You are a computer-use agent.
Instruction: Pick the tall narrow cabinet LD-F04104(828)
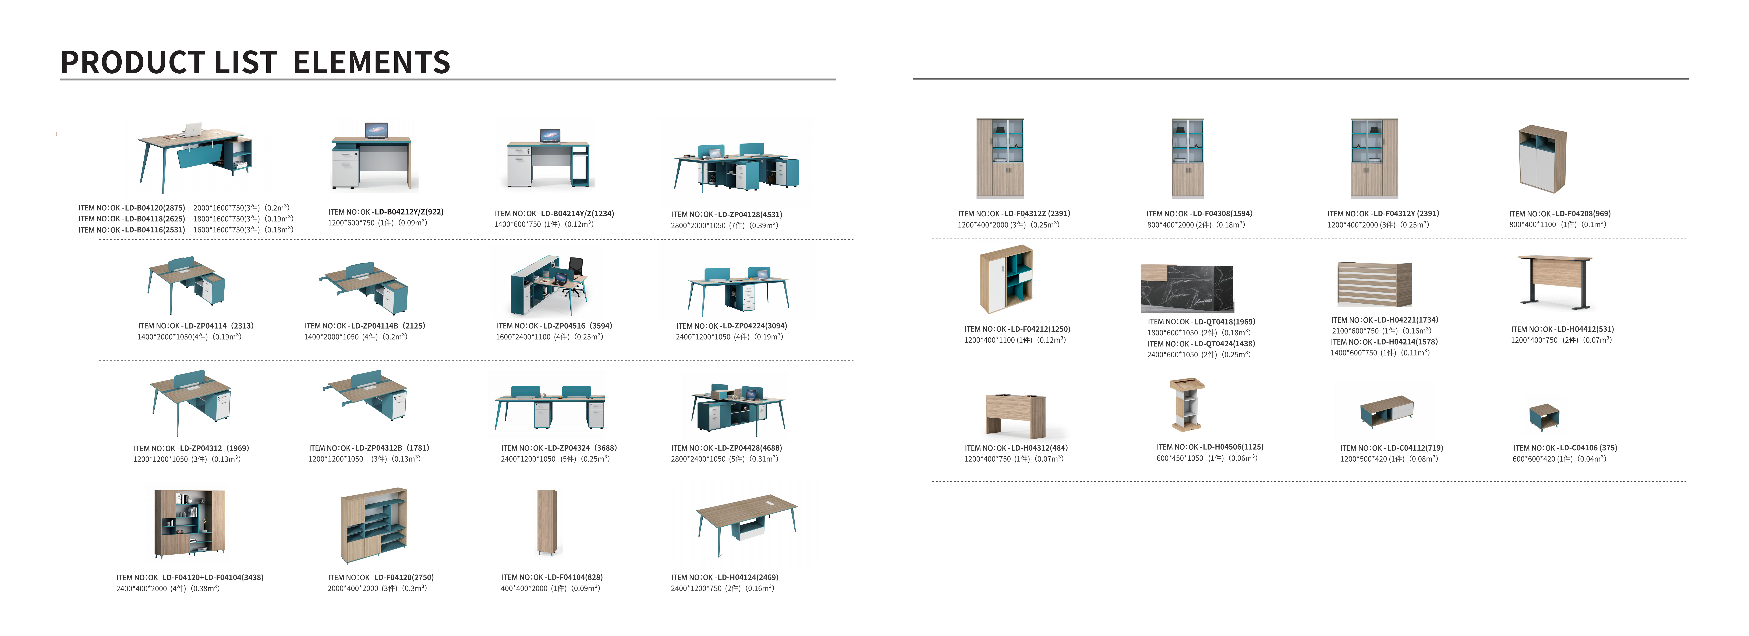pos(547,521)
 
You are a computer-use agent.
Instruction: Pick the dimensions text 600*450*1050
pos(1179,458)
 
